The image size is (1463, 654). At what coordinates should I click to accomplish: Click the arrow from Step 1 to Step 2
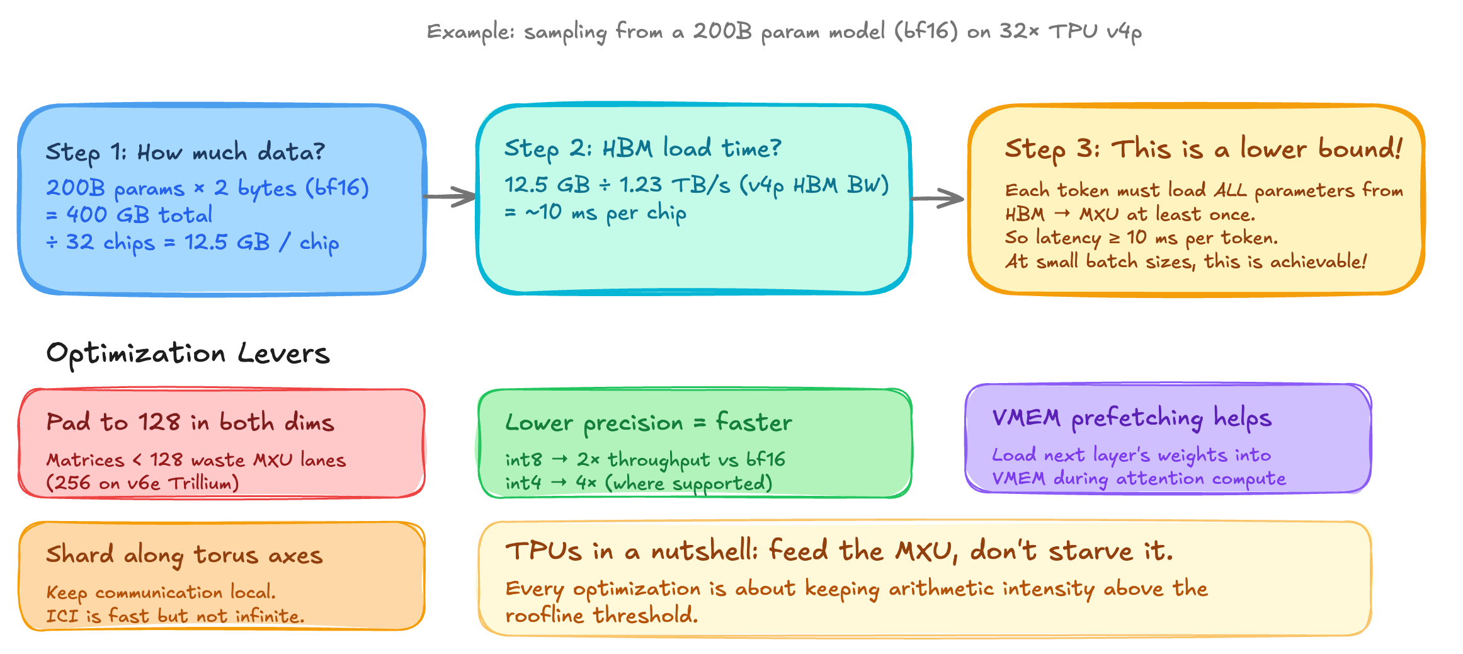point(450,197)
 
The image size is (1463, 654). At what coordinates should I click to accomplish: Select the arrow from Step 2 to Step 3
point(937,198)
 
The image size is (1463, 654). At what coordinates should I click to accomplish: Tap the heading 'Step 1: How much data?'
point(185,152)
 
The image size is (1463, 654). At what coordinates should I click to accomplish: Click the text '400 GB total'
point(139,215)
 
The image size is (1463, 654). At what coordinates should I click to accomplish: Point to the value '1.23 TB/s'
point(675,185)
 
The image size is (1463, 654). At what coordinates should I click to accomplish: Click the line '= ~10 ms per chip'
point(595,213)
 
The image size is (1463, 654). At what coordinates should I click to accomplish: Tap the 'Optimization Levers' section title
point(188,353)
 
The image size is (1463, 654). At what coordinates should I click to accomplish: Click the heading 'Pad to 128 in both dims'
point(190,422)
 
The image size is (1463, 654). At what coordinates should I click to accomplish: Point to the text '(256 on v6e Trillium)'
point(142,483)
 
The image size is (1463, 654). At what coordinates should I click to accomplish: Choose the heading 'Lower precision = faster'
point(648,423)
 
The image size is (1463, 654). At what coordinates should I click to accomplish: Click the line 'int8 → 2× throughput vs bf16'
point(645,460)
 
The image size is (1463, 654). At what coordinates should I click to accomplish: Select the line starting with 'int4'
point(638,484)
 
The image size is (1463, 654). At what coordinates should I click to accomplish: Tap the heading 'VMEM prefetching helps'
point(1132,418)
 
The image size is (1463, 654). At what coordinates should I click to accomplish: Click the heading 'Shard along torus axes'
point(184,555)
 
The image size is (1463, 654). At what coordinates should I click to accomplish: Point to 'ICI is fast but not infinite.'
point(175,616)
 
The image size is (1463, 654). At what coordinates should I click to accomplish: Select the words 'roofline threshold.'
point(601,615)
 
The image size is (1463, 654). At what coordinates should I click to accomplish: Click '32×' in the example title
point(1019,31)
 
